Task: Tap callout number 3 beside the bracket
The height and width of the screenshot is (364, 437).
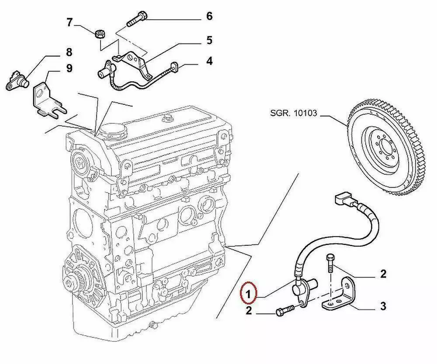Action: tap(383, 306)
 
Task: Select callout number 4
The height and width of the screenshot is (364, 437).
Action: tap(209, 61)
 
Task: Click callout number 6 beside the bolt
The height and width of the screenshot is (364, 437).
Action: tap(209, 17)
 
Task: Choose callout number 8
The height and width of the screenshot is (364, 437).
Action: tap(69, 53)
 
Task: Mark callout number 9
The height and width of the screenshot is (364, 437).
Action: tap(69, 68)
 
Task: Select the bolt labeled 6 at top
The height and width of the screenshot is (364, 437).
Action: tap(136, 19)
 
